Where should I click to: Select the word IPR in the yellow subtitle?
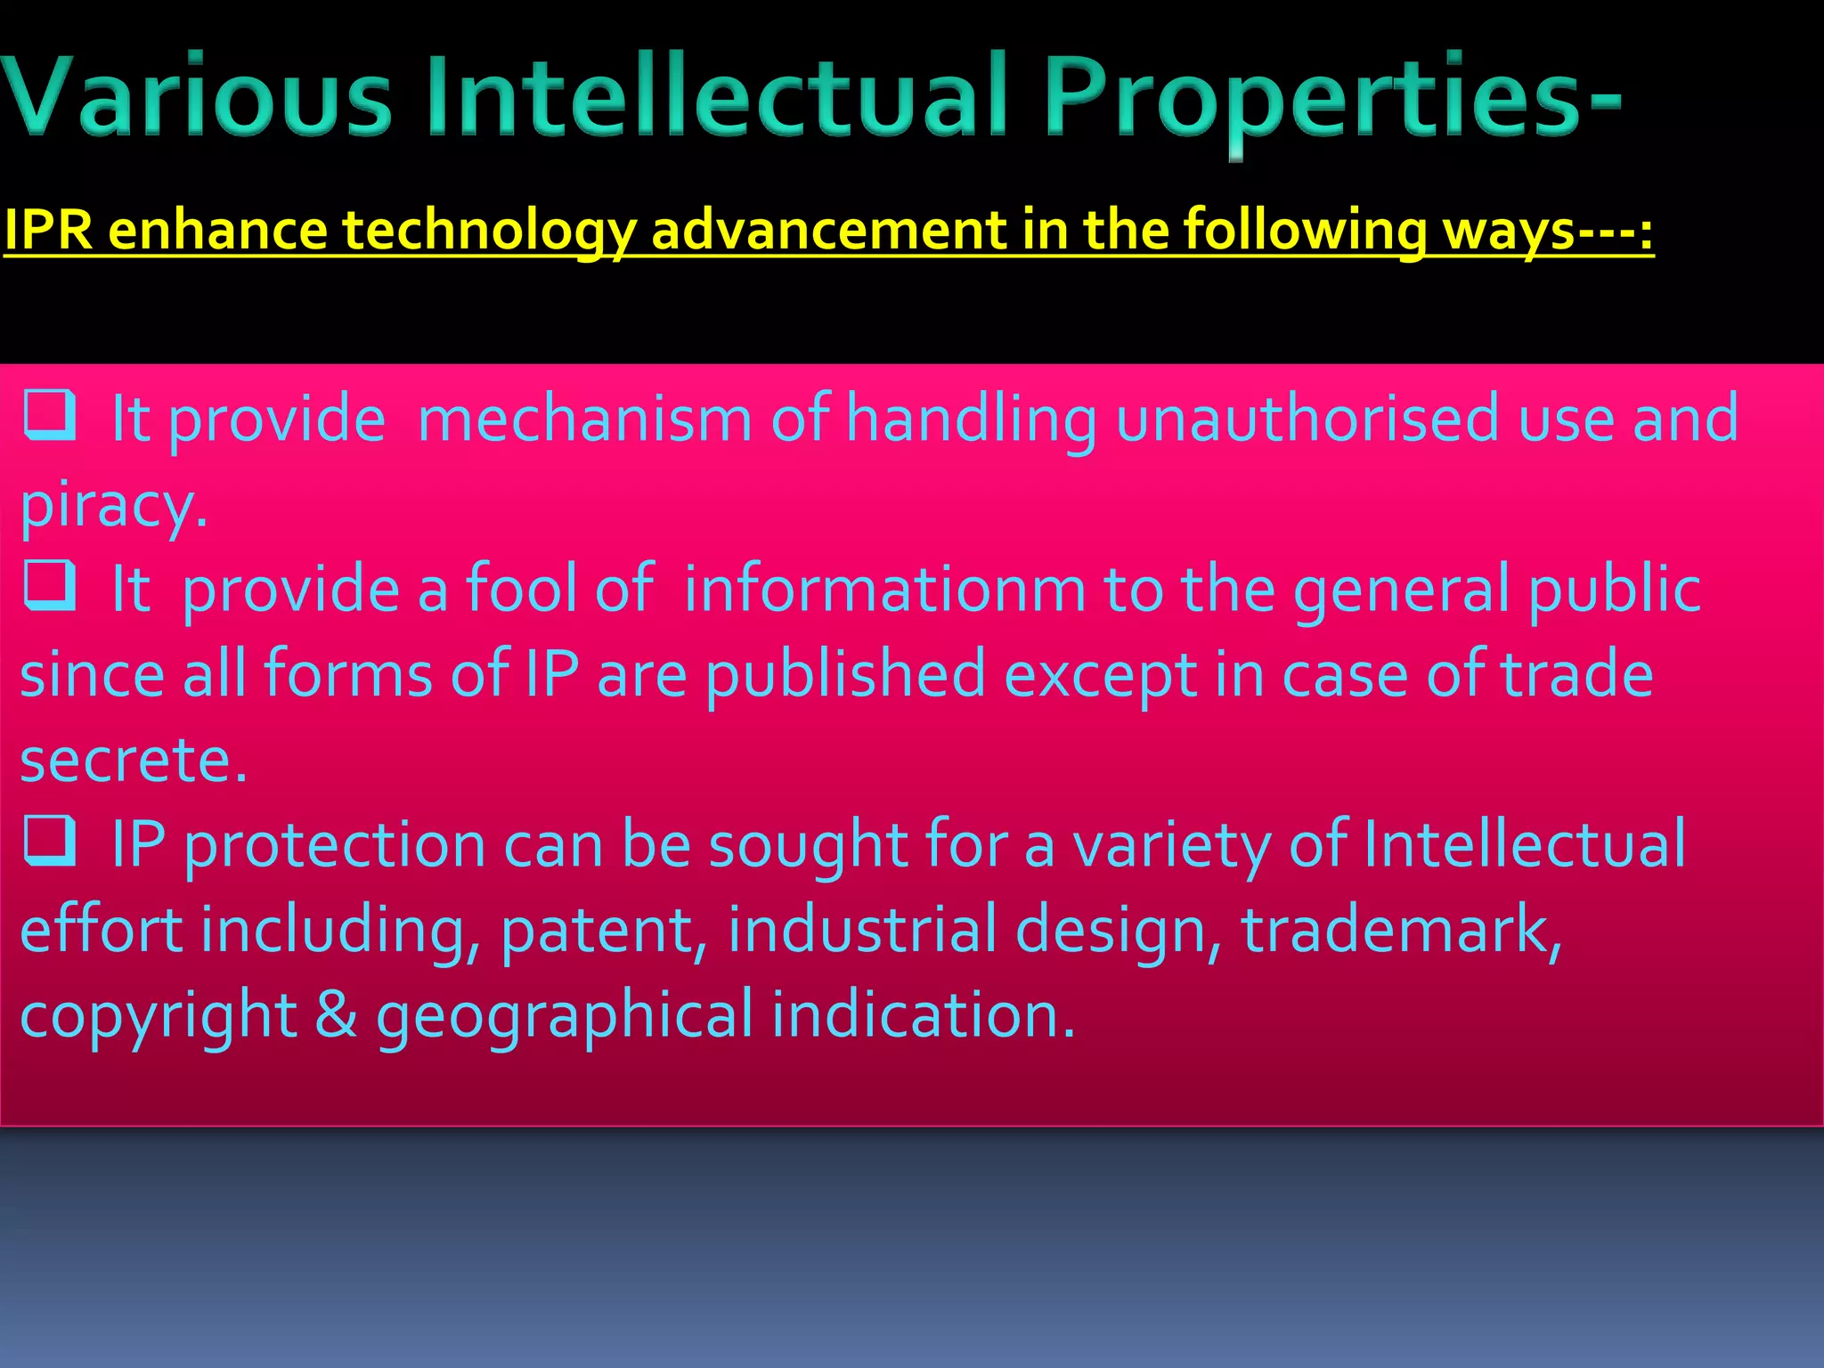click(49, 230)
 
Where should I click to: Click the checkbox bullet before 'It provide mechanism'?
click(49, 416)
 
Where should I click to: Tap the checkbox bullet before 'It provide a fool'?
click(49, 585)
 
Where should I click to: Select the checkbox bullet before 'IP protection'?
click(49, 841)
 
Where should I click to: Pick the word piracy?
click(113, 505)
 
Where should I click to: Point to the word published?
click(844, 674)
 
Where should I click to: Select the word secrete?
click(133, 760)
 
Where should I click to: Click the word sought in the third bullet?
click(806, 844)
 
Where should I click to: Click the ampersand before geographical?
click(336, 1014)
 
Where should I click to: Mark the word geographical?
click(565, 1016)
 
